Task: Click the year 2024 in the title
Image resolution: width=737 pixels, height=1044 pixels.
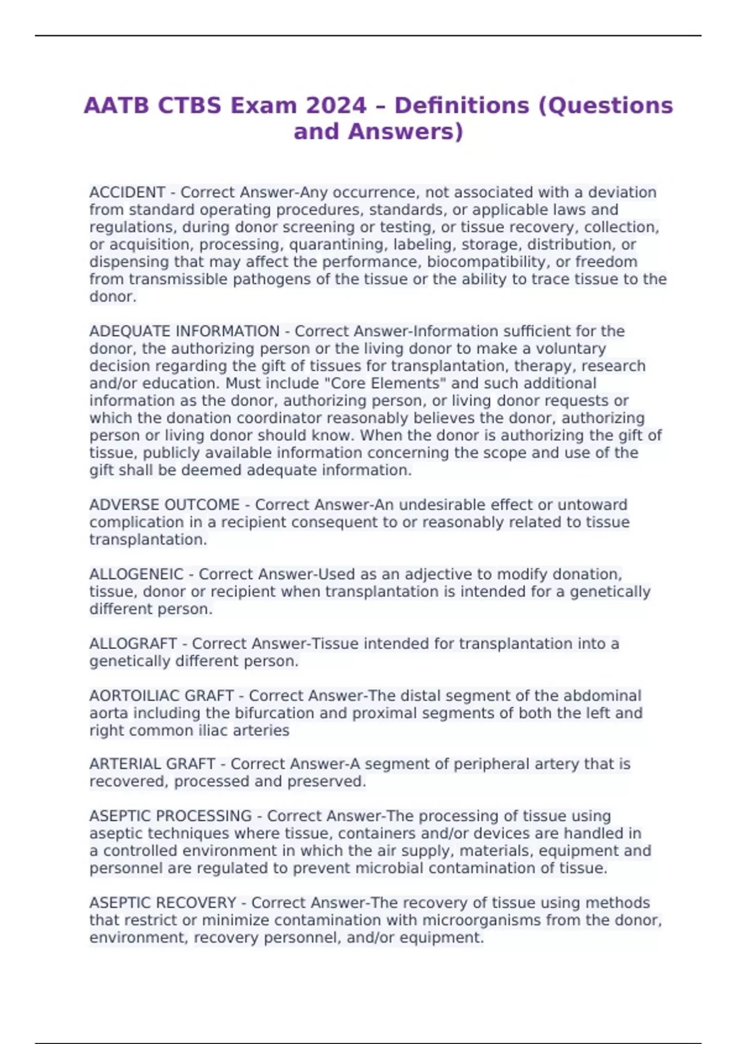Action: [x=336, y=106]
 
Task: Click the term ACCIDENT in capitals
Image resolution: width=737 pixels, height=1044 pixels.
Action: [x=127, y=193]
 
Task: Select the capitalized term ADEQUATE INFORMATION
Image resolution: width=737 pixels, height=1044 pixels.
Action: [x=184, y=332]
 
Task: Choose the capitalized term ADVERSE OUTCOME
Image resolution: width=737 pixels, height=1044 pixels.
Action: [x=165, y=505]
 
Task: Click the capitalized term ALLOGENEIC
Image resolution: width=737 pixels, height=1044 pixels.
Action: [x=136, y=574]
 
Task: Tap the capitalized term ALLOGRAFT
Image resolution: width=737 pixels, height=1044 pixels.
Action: [x=133, y=644]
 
